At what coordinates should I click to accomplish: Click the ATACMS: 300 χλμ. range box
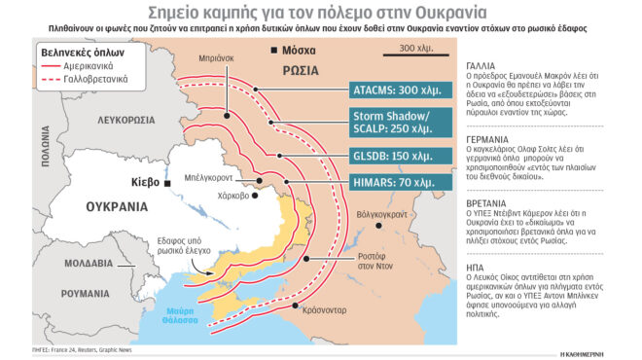point(399,90)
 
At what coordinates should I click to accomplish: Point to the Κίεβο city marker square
point(166,183)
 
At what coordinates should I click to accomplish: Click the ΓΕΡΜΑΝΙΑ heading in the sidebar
point(488,139)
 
